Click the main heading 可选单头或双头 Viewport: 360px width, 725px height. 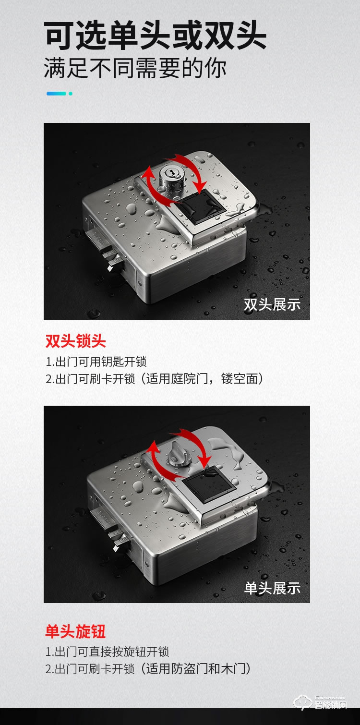pyautogui.click(x=155, y=35)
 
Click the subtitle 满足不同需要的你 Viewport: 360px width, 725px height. pyautogui.click(x=135, y=68)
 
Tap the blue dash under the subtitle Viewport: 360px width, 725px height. pyautogui.click(x=56, y=94)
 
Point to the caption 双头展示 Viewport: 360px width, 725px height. pyautogui.click(x=272, y=304)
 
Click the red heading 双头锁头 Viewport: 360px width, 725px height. pyautogui.click(x=76, y=341)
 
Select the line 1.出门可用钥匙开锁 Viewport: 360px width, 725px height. pyautogui.click(x=96, y=362)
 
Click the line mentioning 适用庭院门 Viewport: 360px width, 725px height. pyautogui.click(x=155, y=379)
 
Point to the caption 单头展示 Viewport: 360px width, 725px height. pyautogui.click(x=272, y=588)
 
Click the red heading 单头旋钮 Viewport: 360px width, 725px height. pyautogui.click(x=76, y=631)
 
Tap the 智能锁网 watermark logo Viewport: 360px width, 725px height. pyautogui.click(x=320, y=702)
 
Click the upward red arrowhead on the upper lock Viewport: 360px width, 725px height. pyautogui.click(x=148, y=172)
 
